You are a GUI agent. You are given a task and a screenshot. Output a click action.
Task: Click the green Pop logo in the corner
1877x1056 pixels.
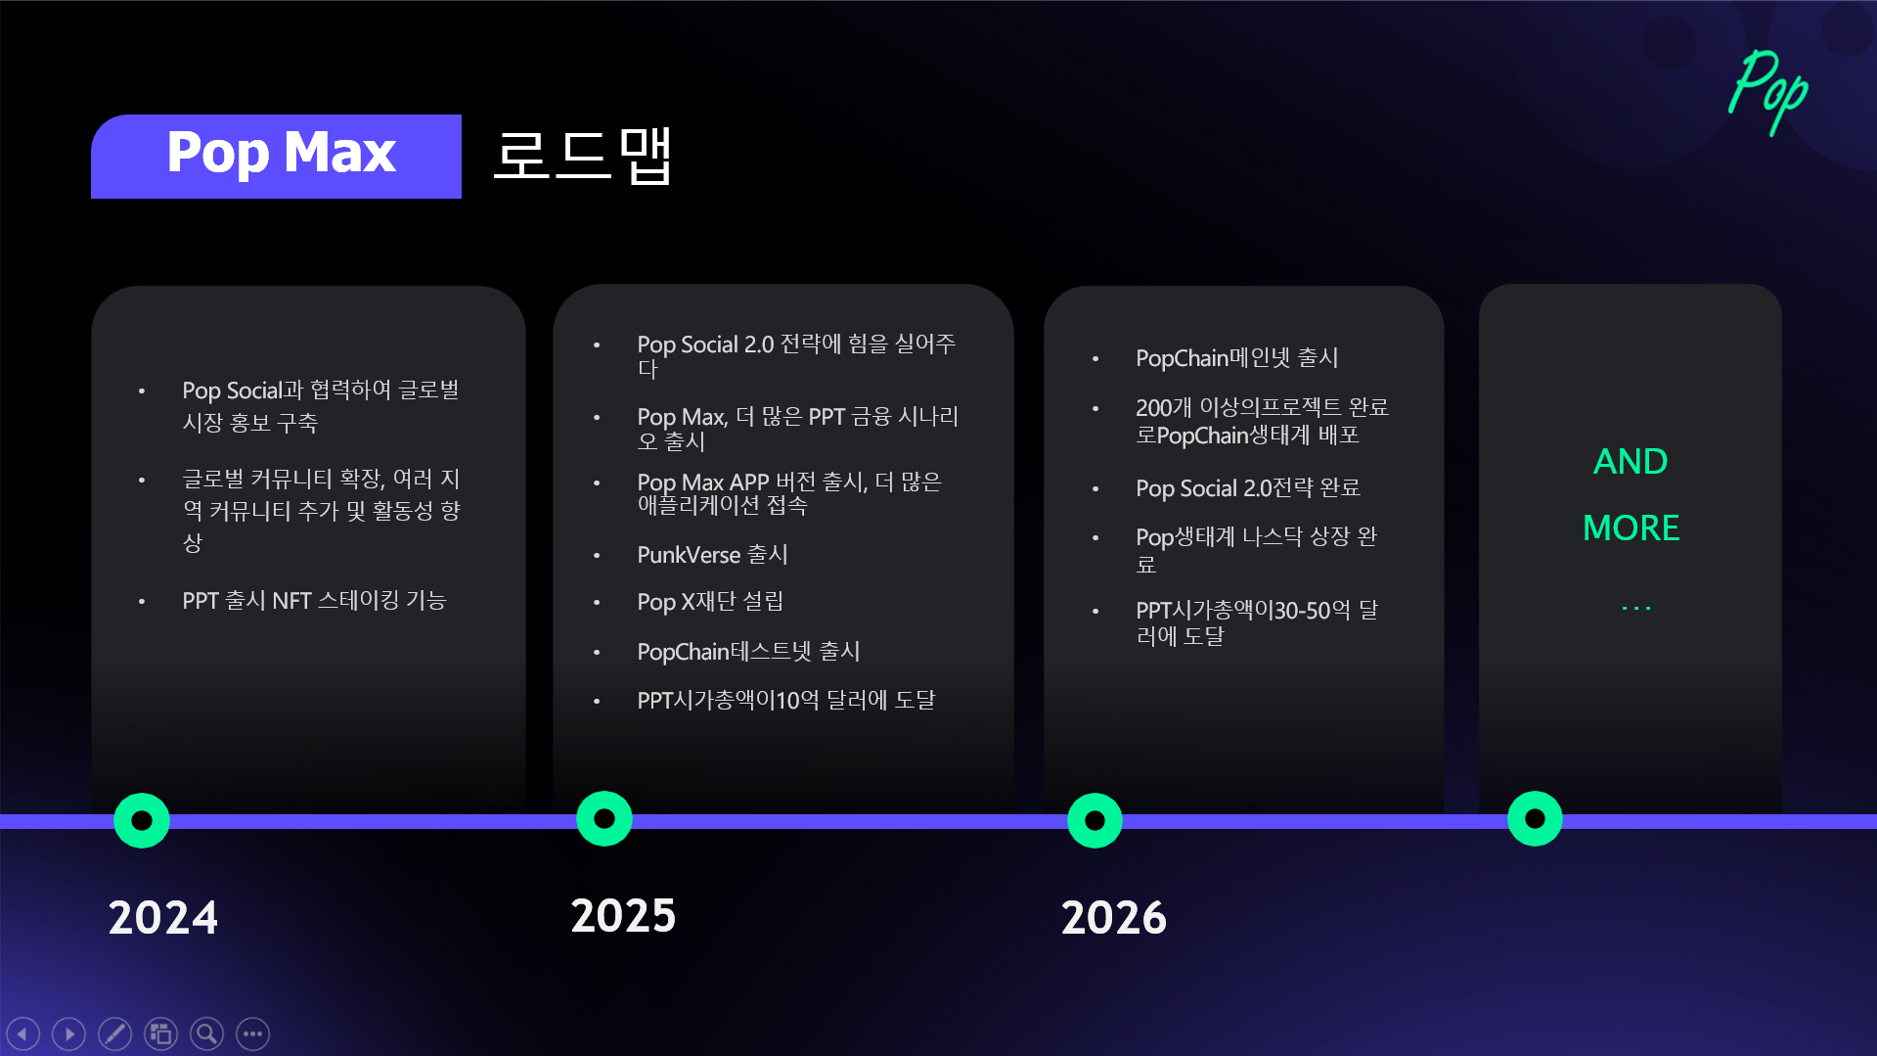coord(1768,90)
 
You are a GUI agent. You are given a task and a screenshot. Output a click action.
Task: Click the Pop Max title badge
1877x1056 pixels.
coord(276,157)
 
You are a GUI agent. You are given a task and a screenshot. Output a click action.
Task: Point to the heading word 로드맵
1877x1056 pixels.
coord(583,155)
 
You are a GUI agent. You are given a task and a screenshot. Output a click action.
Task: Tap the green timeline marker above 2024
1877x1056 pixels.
coord(142,820)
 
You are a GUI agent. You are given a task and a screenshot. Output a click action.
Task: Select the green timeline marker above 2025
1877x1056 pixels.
coord(604,818)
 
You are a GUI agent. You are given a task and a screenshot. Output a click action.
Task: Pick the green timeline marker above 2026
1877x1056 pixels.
coord(1095,820)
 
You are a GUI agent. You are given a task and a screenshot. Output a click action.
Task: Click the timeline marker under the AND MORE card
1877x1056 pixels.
coord(1536,818)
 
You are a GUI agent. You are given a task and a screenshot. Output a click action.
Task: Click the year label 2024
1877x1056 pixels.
coord(163,918)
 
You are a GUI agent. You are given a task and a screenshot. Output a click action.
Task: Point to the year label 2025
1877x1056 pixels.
coord(624,916)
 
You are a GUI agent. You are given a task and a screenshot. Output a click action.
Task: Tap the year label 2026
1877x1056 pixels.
coord(1114,918)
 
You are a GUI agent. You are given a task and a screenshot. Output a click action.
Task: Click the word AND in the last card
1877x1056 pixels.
coord(1631,461)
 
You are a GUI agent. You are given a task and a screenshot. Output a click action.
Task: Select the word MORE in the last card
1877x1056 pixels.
coord(1631,528)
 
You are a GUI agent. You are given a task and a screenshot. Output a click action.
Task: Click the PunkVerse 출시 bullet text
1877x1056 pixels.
coord(712,555)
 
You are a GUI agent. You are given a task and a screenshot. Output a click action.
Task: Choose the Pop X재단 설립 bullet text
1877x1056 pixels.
coord(710,602)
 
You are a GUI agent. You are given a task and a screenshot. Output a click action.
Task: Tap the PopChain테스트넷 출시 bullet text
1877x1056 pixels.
coord(748,652)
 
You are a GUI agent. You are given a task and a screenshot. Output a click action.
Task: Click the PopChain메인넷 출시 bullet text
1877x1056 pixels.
coord(1237,358)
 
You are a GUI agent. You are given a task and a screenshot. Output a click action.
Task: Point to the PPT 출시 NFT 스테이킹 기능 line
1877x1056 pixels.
coord(314,601)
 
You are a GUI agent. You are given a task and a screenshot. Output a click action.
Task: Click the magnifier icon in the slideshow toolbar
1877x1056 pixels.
coord(206,1033)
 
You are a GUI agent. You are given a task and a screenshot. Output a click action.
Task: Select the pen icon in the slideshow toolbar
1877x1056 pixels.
coord(114,1033)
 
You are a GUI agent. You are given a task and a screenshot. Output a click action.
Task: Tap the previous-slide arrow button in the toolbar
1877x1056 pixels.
coord(22,1033)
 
